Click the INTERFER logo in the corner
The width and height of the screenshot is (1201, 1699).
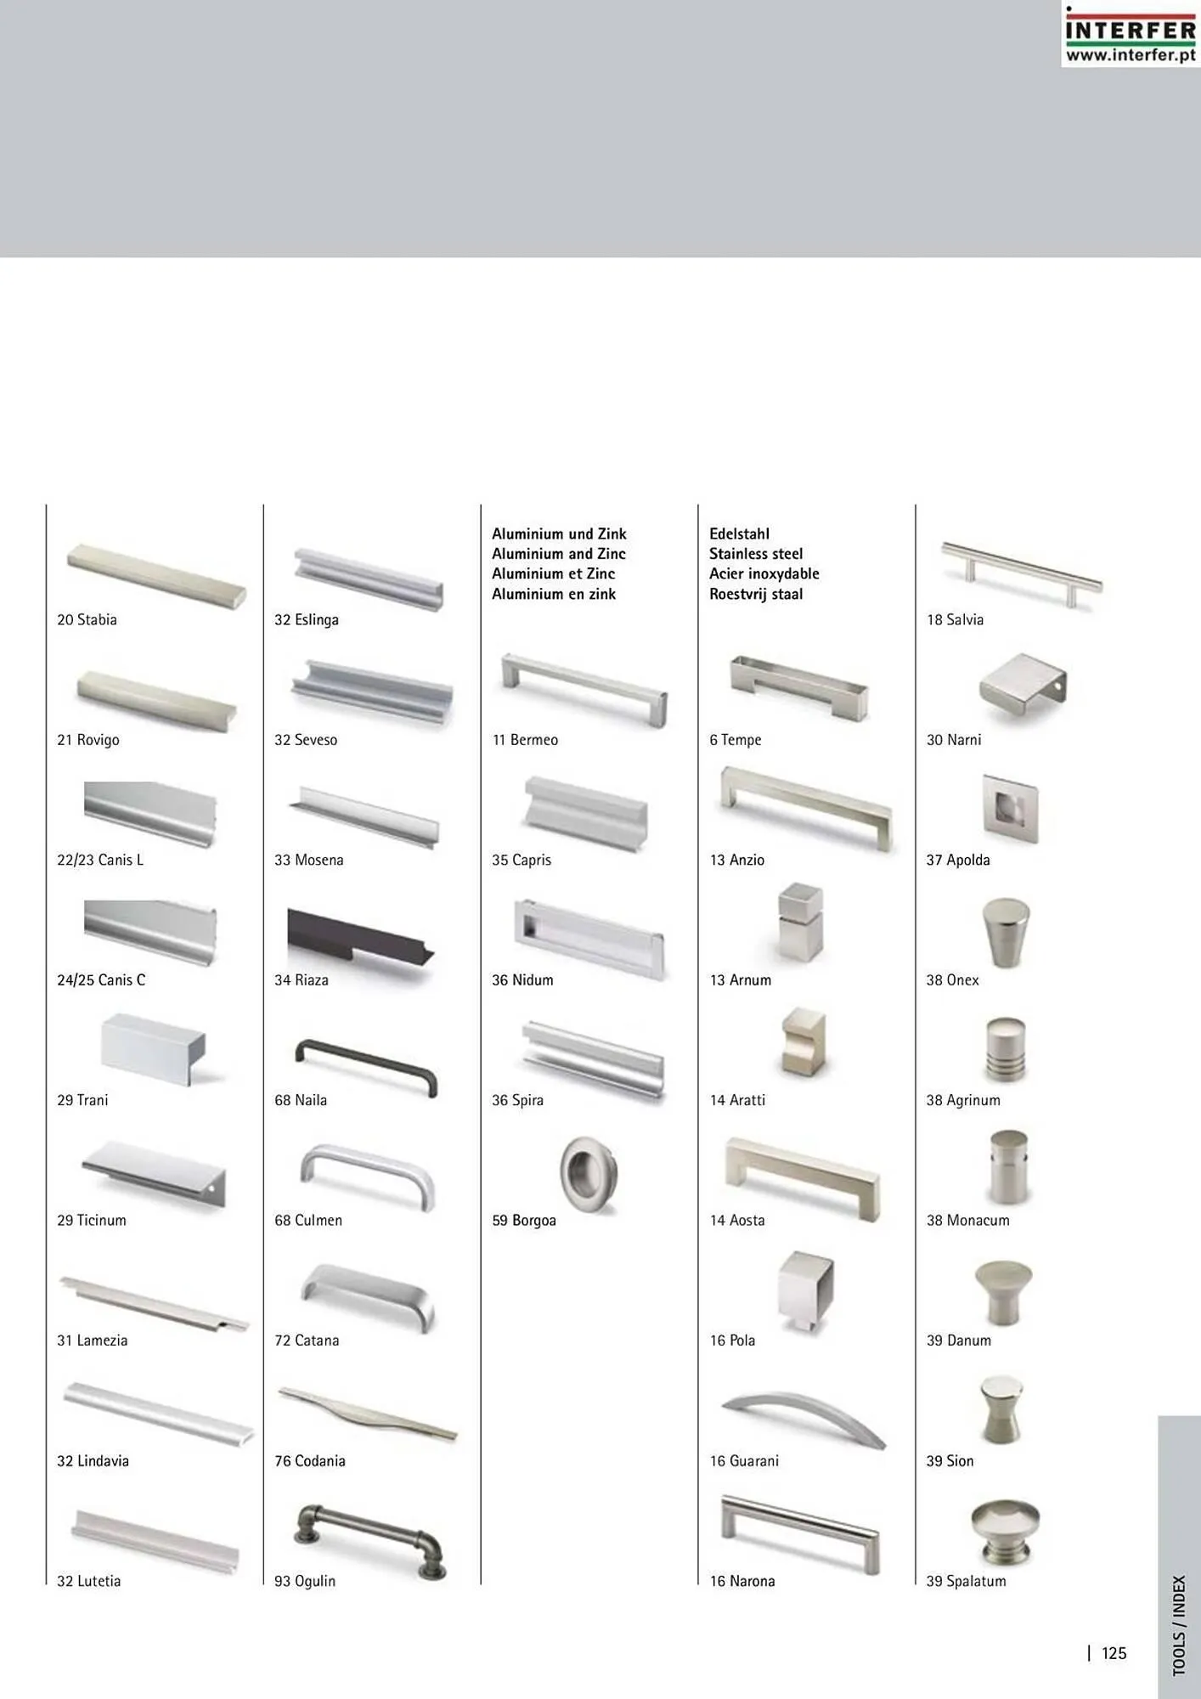coord(1131,34)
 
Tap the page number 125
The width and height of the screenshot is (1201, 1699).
coord(1114,1653)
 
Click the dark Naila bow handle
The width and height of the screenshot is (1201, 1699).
coord(366,1067)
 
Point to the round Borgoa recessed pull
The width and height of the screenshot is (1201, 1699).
coord(589,1175)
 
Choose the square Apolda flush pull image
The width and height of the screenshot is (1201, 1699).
coord(1011,809)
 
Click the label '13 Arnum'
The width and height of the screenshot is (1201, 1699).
coord(741,979)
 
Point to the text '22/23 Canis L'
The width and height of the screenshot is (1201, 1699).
coord(100,860)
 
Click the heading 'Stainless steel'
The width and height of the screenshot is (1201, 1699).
coord(756,554)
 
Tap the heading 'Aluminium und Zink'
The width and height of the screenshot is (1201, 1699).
coord(559,533)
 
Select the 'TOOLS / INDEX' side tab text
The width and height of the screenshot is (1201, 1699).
coord(1179,1626)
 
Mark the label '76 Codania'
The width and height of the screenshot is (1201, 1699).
coord(310,1461)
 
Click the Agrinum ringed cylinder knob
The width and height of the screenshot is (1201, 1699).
coord(1006,1050)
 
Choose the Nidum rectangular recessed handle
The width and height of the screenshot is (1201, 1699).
coord(589,939)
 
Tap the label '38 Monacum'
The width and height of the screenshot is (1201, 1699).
coord(968,1220)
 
